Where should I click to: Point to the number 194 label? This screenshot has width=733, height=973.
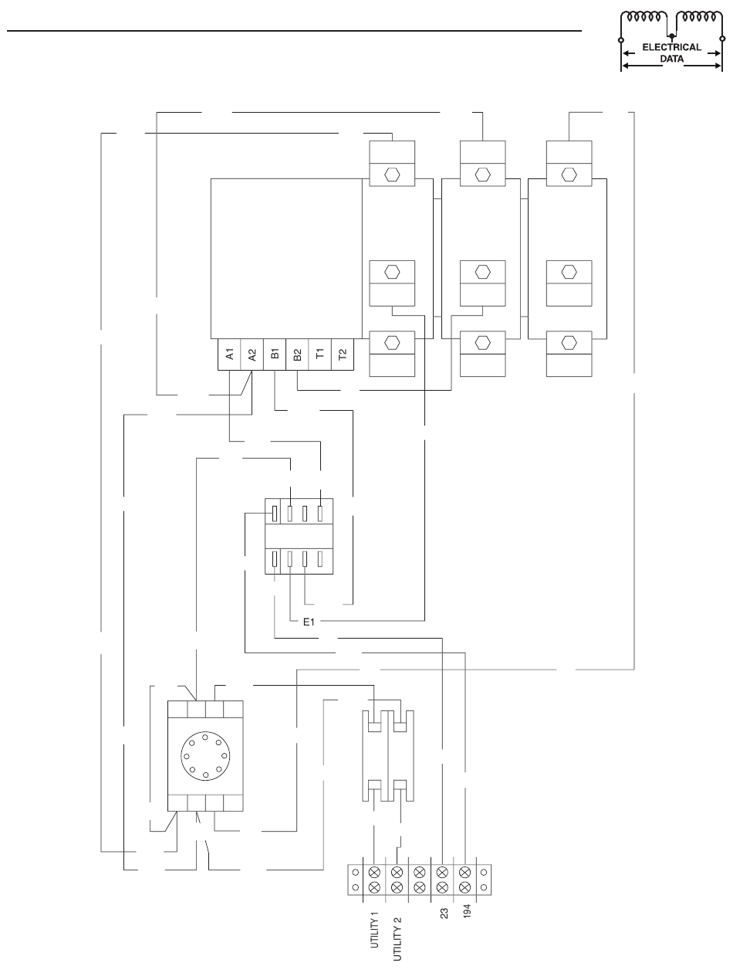(x=466, y=917)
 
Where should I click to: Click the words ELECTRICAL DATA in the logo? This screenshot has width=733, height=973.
(x=671, y=52)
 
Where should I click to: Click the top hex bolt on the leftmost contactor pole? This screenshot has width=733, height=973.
(x=391, y=174)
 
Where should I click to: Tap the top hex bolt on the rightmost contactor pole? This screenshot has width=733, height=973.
(x=569, y=174)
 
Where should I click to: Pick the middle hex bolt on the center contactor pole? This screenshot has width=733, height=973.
(x=482, y=272)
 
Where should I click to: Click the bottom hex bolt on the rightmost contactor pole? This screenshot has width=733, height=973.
(x=569, y=342)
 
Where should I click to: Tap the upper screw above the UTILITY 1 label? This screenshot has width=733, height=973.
(x=375, y=872)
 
